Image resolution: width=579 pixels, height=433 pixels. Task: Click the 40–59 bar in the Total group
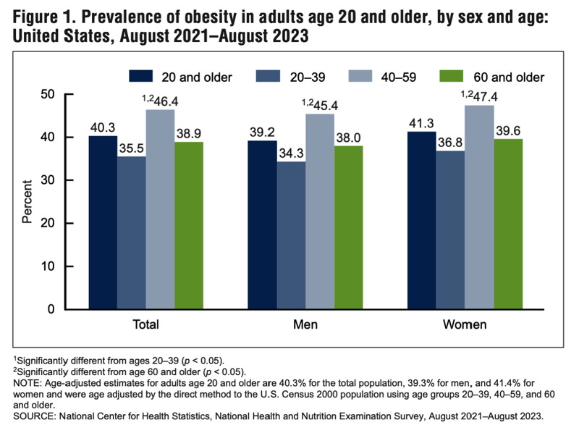point(160,209)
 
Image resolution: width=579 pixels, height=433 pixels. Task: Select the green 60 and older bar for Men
point(348,227)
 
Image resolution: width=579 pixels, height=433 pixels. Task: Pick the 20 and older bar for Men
point(261,224)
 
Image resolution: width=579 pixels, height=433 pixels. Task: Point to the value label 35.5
point(131,147)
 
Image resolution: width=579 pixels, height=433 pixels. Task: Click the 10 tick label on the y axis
point(68,266)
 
